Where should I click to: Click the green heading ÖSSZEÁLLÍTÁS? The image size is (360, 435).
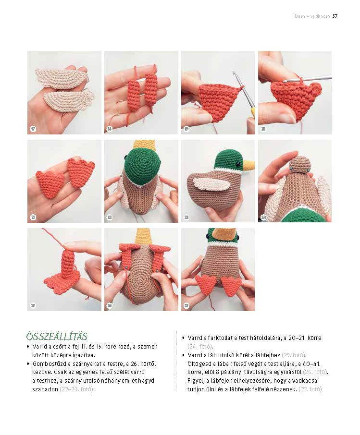[57, 336]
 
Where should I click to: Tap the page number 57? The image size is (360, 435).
[335, 16]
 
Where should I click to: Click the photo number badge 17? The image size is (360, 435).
[33, 129]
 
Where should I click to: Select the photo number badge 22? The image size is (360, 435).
[110, 217]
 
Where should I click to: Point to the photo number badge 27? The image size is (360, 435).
[186, 305]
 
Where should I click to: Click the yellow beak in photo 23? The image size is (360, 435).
[248, 164]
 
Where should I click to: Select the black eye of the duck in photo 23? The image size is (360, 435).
[238, 165]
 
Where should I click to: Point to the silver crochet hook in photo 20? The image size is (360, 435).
[306, 79]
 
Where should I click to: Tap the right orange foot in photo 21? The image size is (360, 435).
[81, 172]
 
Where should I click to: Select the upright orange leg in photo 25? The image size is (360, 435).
[67, 263]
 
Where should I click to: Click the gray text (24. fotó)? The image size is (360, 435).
[200, 347]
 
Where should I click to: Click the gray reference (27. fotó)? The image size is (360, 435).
[310, 389]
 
